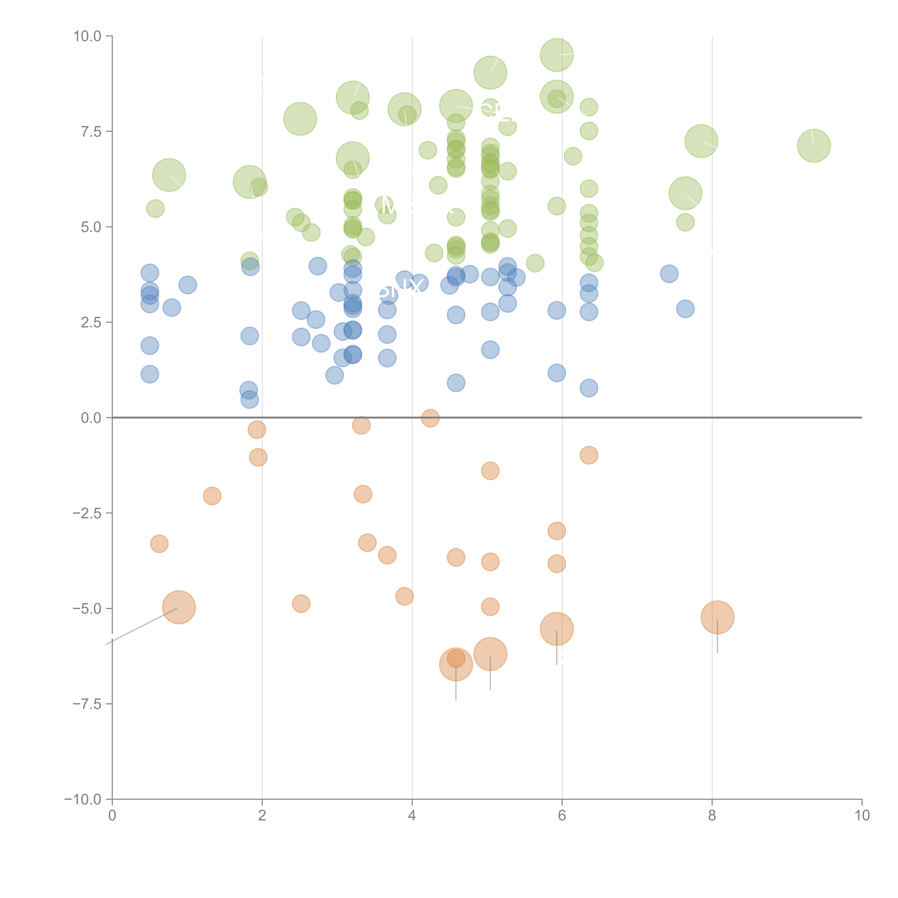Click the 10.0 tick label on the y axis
pos(87,36)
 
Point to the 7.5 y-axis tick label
pos(91,131)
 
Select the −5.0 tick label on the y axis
pos(87,608)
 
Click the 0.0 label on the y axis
pos(91,418)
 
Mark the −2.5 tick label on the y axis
pos(87,513)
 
